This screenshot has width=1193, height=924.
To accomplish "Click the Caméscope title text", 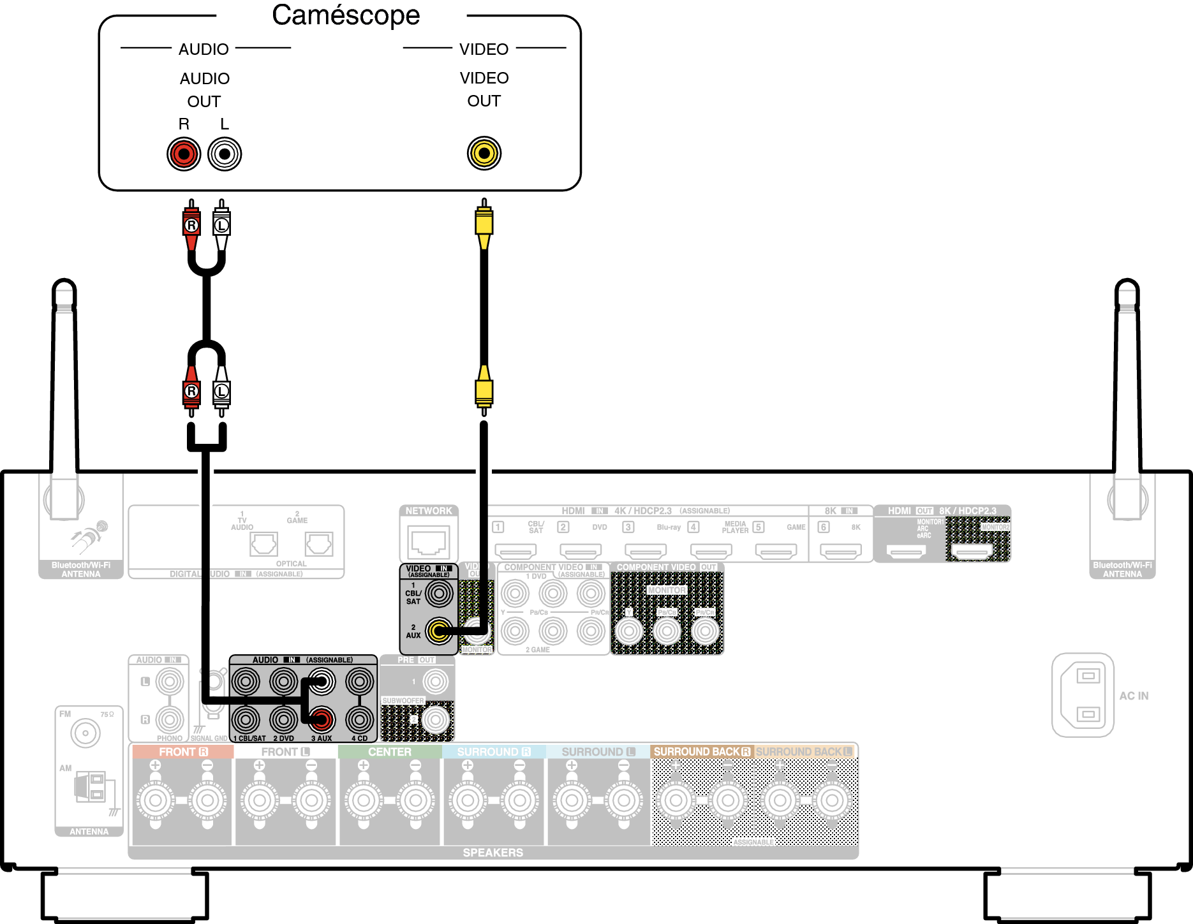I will pyautogui.click(x=346, y=15).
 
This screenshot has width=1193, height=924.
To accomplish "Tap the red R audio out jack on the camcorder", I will pyautogui.click(x=184, y=154).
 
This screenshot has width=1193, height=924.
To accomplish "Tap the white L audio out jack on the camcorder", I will pyautogui.click(x=225, y=154).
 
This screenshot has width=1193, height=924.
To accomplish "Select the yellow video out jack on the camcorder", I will pyautogui.click(x=484, y=153).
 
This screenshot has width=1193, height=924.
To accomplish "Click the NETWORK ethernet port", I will pyautogui.click(x=429, y=542).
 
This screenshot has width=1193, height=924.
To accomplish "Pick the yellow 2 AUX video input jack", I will pyautogui.click(x=439, y=631).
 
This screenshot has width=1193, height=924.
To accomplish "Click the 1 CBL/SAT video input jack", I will pyautogui.click(x=439, y=594).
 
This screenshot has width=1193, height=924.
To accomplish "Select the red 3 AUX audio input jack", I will pyautogui.click(x=322, y=719).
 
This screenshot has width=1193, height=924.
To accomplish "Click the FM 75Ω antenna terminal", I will pyautogui.click(x=85, y=733).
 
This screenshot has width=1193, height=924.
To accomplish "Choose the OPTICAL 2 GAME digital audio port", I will pyautogui.click(x=318, y=544).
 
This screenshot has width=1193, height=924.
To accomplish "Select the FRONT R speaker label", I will pyautogui.click(x=183, y=752).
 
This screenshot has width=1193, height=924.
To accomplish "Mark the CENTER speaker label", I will pyautogui.click(x=389, y=752).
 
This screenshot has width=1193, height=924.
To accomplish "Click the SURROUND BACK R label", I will pyautogui.click(x=702, y=752).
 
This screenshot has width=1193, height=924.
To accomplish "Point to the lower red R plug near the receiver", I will pyautogui.click(x=191, y=391).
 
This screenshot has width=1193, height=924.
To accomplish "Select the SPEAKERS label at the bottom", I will pyautogui.click(x=493, y=853).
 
